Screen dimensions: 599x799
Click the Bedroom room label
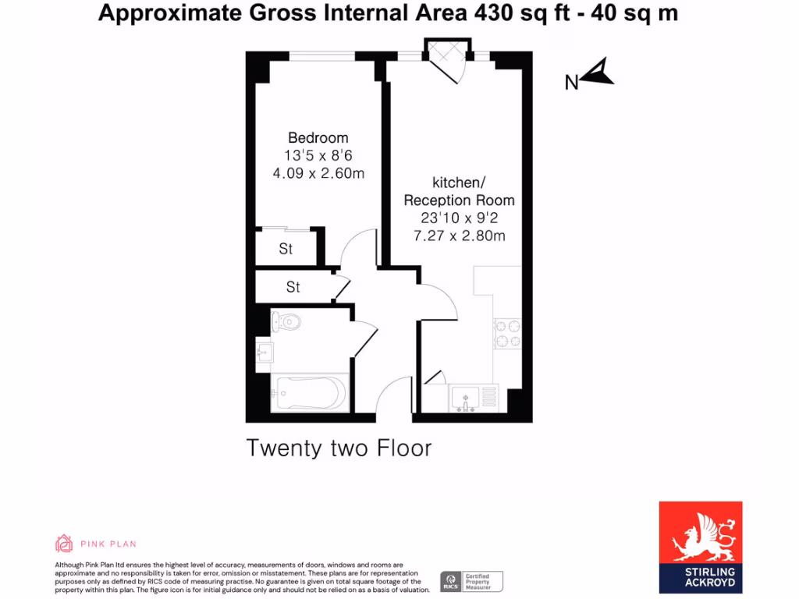click(318, 138)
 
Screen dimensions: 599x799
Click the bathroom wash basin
click(264, 353)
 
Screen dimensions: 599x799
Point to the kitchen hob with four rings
click(508, 333)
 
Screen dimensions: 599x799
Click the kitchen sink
click(466, 399)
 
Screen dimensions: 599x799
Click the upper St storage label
click(286, 250)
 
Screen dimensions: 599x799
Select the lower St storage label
click(293, 287)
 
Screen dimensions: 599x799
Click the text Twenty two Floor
click(339, 448)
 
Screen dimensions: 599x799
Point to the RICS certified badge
click(471, 580)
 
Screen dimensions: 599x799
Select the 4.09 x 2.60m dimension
click(318, 173)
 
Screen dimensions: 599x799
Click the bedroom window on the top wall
click(322, 56)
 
